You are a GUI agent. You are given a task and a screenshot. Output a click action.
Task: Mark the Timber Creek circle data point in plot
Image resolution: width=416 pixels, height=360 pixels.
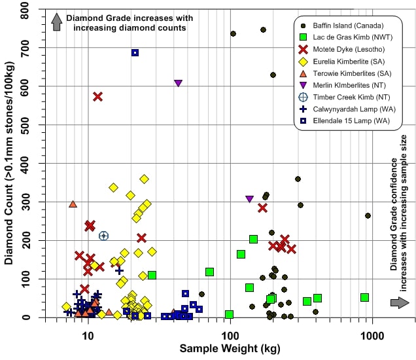[x=103, y=236]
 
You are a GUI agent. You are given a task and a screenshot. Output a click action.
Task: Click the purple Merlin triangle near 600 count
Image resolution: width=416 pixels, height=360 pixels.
[x=178, y=83]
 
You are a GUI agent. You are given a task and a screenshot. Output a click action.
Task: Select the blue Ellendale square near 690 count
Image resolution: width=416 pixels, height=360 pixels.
[x=135, y=53]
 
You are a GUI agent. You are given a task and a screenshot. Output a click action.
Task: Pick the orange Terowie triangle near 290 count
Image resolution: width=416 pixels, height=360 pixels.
[x=73, y=204]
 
